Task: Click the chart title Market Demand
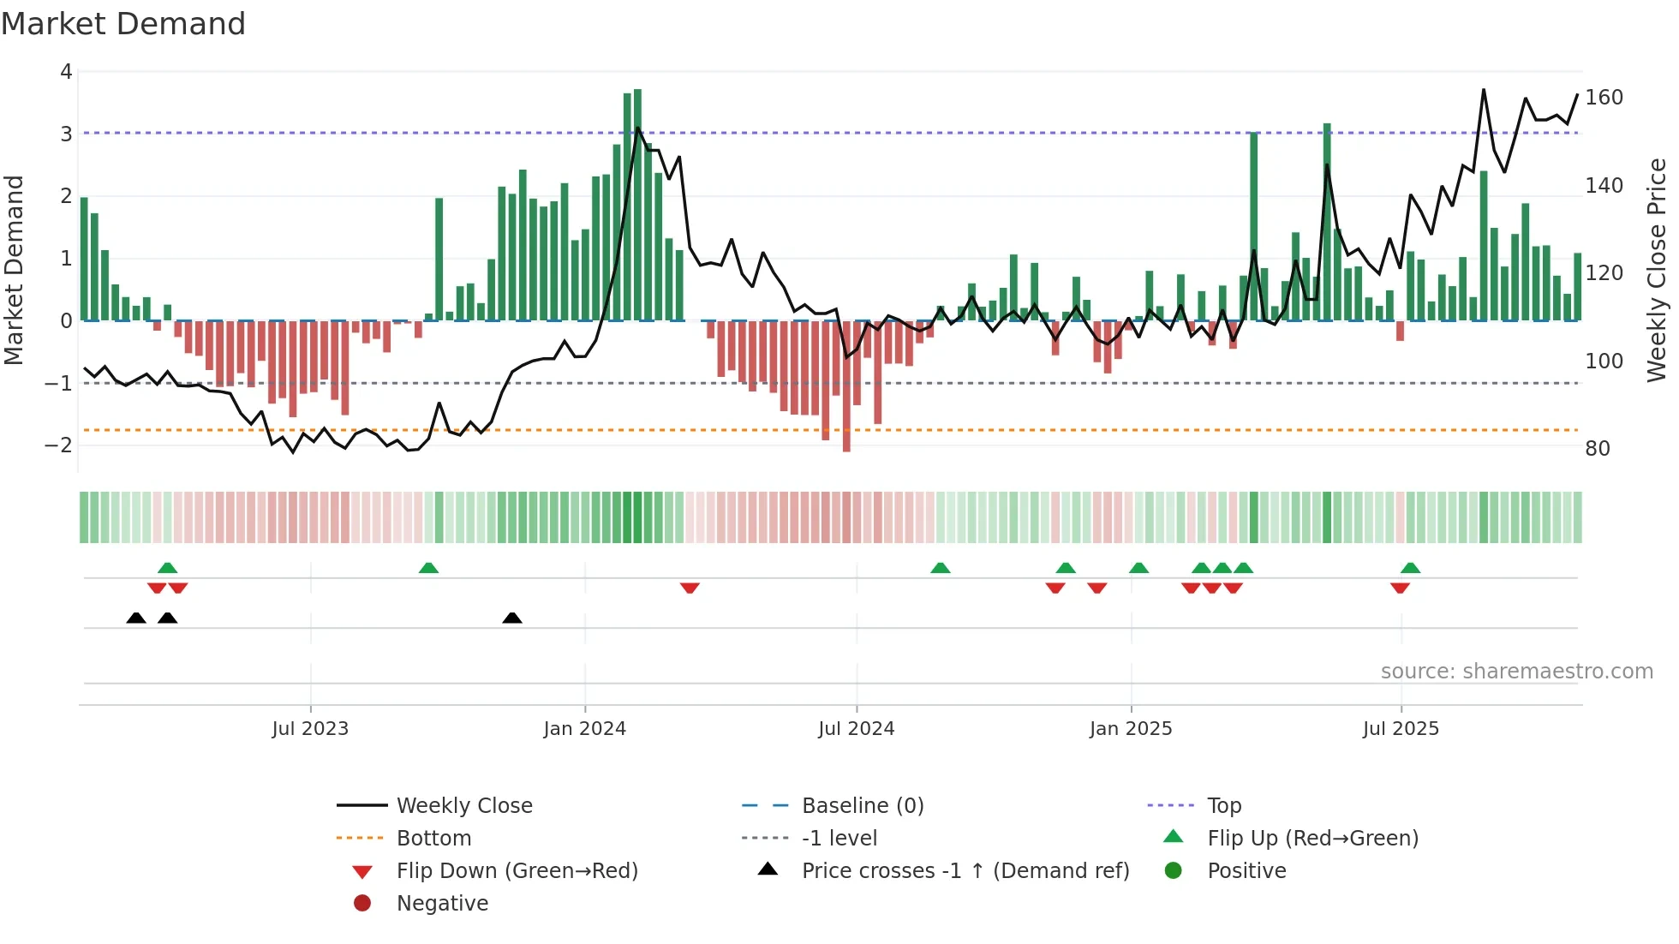pos(123,24)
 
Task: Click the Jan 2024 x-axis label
pos(584,729)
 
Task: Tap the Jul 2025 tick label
pos(1401,729)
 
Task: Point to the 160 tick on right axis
pos(1604,98)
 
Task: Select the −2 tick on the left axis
pos(58,445)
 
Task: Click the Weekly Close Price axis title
pos(1657,270)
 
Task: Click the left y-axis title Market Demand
pos(14,270)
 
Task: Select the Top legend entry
pos(1224,806)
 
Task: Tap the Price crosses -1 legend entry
pos(965,871)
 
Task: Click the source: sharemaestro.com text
pos(1516,672)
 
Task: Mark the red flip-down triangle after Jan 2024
pos(690,588)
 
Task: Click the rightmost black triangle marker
pos(512,618)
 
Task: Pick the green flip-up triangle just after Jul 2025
pos(1410,568)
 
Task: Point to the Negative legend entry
pos(442,904)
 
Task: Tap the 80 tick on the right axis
pos(1598,449)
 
